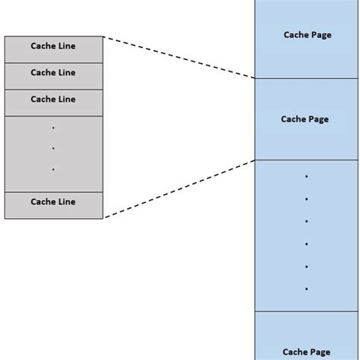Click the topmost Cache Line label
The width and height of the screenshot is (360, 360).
[x=53, y=46]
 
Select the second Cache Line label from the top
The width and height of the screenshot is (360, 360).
[x=53, y=73]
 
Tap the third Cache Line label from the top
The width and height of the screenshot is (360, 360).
[x=53, y=99]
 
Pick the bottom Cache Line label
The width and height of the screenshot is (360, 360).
[x=53, y=202]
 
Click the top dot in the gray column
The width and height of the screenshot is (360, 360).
[x=53, y=127]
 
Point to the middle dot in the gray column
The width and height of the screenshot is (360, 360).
[x=53, y=148]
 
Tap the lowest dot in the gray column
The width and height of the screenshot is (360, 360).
[x=53, y=169]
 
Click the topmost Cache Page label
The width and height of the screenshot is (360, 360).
[x=307, y=34]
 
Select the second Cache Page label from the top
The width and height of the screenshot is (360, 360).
[x=305, y=118]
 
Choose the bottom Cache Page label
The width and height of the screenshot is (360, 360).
[x=307, y=352]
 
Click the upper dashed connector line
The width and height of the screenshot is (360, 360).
[x=178, y=57]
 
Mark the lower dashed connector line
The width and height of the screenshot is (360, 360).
[x=178, y=188]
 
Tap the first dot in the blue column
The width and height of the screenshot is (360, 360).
[x=306, y=176]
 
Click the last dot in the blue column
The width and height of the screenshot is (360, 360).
[x=306, y=289]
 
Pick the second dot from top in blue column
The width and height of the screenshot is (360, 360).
[x=306, y=199]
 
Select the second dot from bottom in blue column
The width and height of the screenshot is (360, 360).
[x=306, y=267]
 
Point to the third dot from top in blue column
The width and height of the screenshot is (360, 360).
[x=306, y=221]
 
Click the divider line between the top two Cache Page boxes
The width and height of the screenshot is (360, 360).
[x=306, y=78]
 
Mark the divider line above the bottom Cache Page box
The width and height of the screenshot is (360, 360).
[x=306, y=311]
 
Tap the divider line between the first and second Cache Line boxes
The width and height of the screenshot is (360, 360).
[x=53, y=62]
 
